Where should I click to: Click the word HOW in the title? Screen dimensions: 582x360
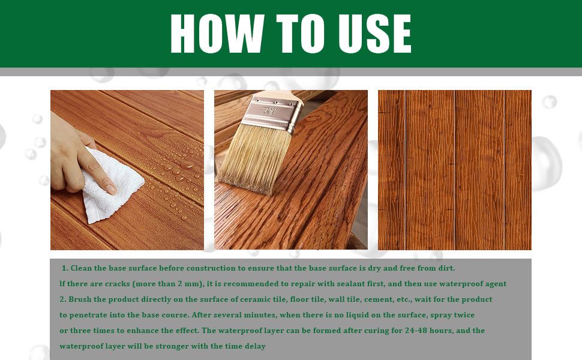(218, 34)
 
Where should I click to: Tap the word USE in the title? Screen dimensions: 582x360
(375, 34)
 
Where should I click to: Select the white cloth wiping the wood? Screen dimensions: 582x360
(112, 185)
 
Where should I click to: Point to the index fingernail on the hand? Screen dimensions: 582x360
(112, 189)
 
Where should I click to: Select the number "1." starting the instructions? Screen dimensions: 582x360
(65, 268)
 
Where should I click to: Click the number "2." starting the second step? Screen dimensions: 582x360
(63, 299)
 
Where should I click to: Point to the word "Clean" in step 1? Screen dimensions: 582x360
(81, 268)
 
